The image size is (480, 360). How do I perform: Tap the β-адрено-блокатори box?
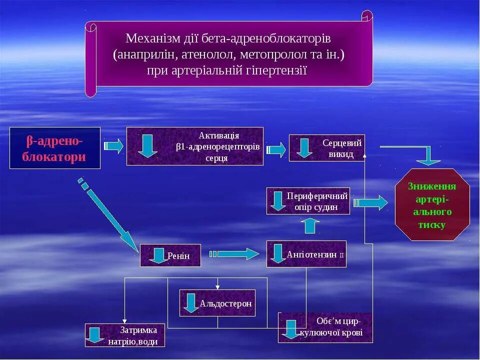pos(55,148)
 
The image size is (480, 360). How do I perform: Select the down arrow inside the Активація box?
pos(147,145)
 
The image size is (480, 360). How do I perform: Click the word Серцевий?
pos(341,143)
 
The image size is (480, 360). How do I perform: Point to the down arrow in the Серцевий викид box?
pos(304,148)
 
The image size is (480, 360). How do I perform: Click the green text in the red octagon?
pos(432,205)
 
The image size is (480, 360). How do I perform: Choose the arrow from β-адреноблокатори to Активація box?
pos(113,146)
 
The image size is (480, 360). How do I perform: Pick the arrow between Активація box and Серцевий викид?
pos(276,149)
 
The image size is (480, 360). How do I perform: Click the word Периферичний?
pos(317,195)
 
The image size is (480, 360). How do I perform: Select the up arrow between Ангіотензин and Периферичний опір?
pos(312,226)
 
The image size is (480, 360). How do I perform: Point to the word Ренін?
pos(178,256)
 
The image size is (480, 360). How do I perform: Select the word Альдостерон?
pos(225,303)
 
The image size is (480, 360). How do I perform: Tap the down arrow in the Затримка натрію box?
pos(94,335)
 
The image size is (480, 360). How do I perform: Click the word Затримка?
pos(138,330)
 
